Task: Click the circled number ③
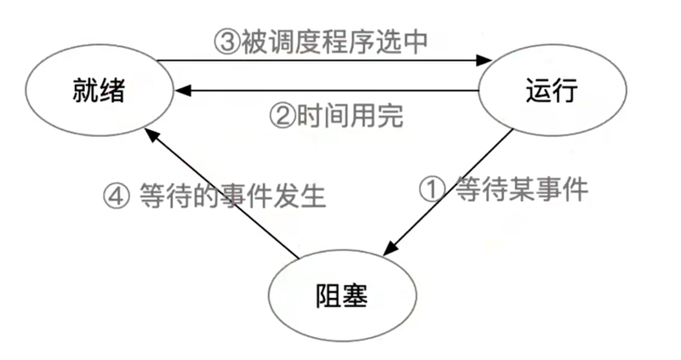pos(226,42)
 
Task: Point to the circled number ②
pos(283,116)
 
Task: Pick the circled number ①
pos(432,190)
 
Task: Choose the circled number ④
pos(116,196)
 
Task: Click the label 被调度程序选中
pos(335,42)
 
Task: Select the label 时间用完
pos(350,116)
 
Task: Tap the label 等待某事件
pos(522,190)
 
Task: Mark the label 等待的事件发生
pos(232,196)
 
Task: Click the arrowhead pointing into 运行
pos(484,60)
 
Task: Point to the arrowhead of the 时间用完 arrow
pos(182,90)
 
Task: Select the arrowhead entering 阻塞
pos(390,248)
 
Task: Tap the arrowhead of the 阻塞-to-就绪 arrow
pos(152,134)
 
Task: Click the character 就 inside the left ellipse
pos(86,90)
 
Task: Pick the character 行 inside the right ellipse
pos(565,90)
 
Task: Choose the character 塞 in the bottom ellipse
pos(355,295)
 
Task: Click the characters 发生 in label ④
pos(300,196)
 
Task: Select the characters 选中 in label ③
pos(402,42)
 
